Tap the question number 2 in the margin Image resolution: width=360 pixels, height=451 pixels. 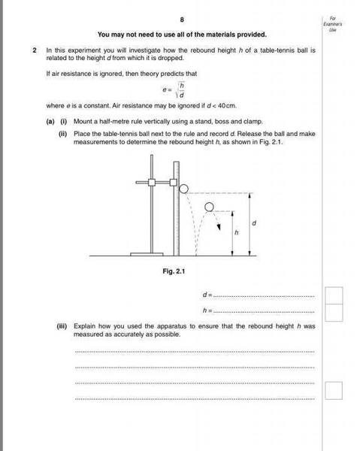pos(35,50)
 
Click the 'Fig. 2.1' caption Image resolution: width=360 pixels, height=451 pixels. pos(174,271)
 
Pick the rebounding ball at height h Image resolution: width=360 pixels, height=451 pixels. pos(209,207)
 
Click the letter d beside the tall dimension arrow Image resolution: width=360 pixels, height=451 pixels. pos(255,223)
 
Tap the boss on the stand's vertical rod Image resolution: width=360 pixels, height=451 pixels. pos(152,182)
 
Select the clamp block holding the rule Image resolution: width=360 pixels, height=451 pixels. pos(174,182)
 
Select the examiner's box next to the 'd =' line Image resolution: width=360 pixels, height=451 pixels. pos(334,295)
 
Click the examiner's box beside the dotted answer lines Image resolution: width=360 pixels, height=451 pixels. pos(334,390)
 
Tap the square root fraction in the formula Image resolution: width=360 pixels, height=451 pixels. pos(181,90)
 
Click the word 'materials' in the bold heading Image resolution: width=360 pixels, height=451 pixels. pos(212,35)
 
